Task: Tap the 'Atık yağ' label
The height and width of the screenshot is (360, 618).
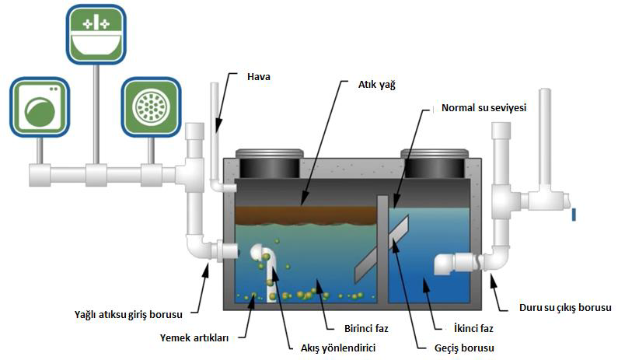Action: point(377,84)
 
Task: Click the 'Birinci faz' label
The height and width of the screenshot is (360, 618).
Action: point(365,329)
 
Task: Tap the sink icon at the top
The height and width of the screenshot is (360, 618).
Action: point(95,33)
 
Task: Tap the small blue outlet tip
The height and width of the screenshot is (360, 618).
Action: point(573,214)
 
